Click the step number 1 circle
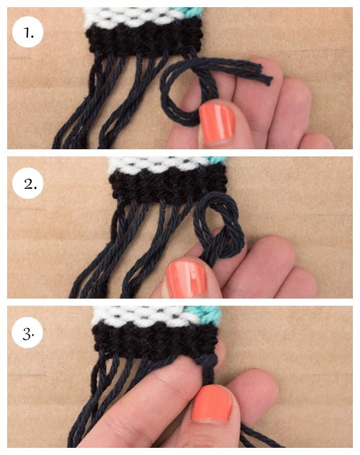click(28, 32)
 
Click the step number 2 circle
click(28, 183)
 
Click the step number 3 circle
click(27, 334)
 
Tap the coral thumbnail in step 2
click(186, 278)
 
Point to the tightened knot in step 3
click(208, 361)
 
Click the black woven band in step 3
click(156, 338)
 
